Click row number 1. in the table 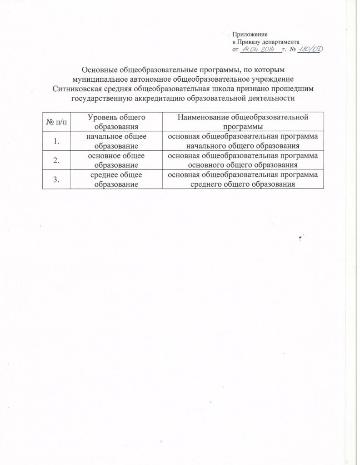click(56, 141)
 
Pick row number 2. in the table click(56, 160)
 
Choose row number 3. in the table click(56, 179)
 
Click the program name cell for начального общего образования click(243, 141)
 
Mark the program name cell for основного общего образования click(243, 160)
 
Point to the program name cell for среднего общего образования click(243, 179)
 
